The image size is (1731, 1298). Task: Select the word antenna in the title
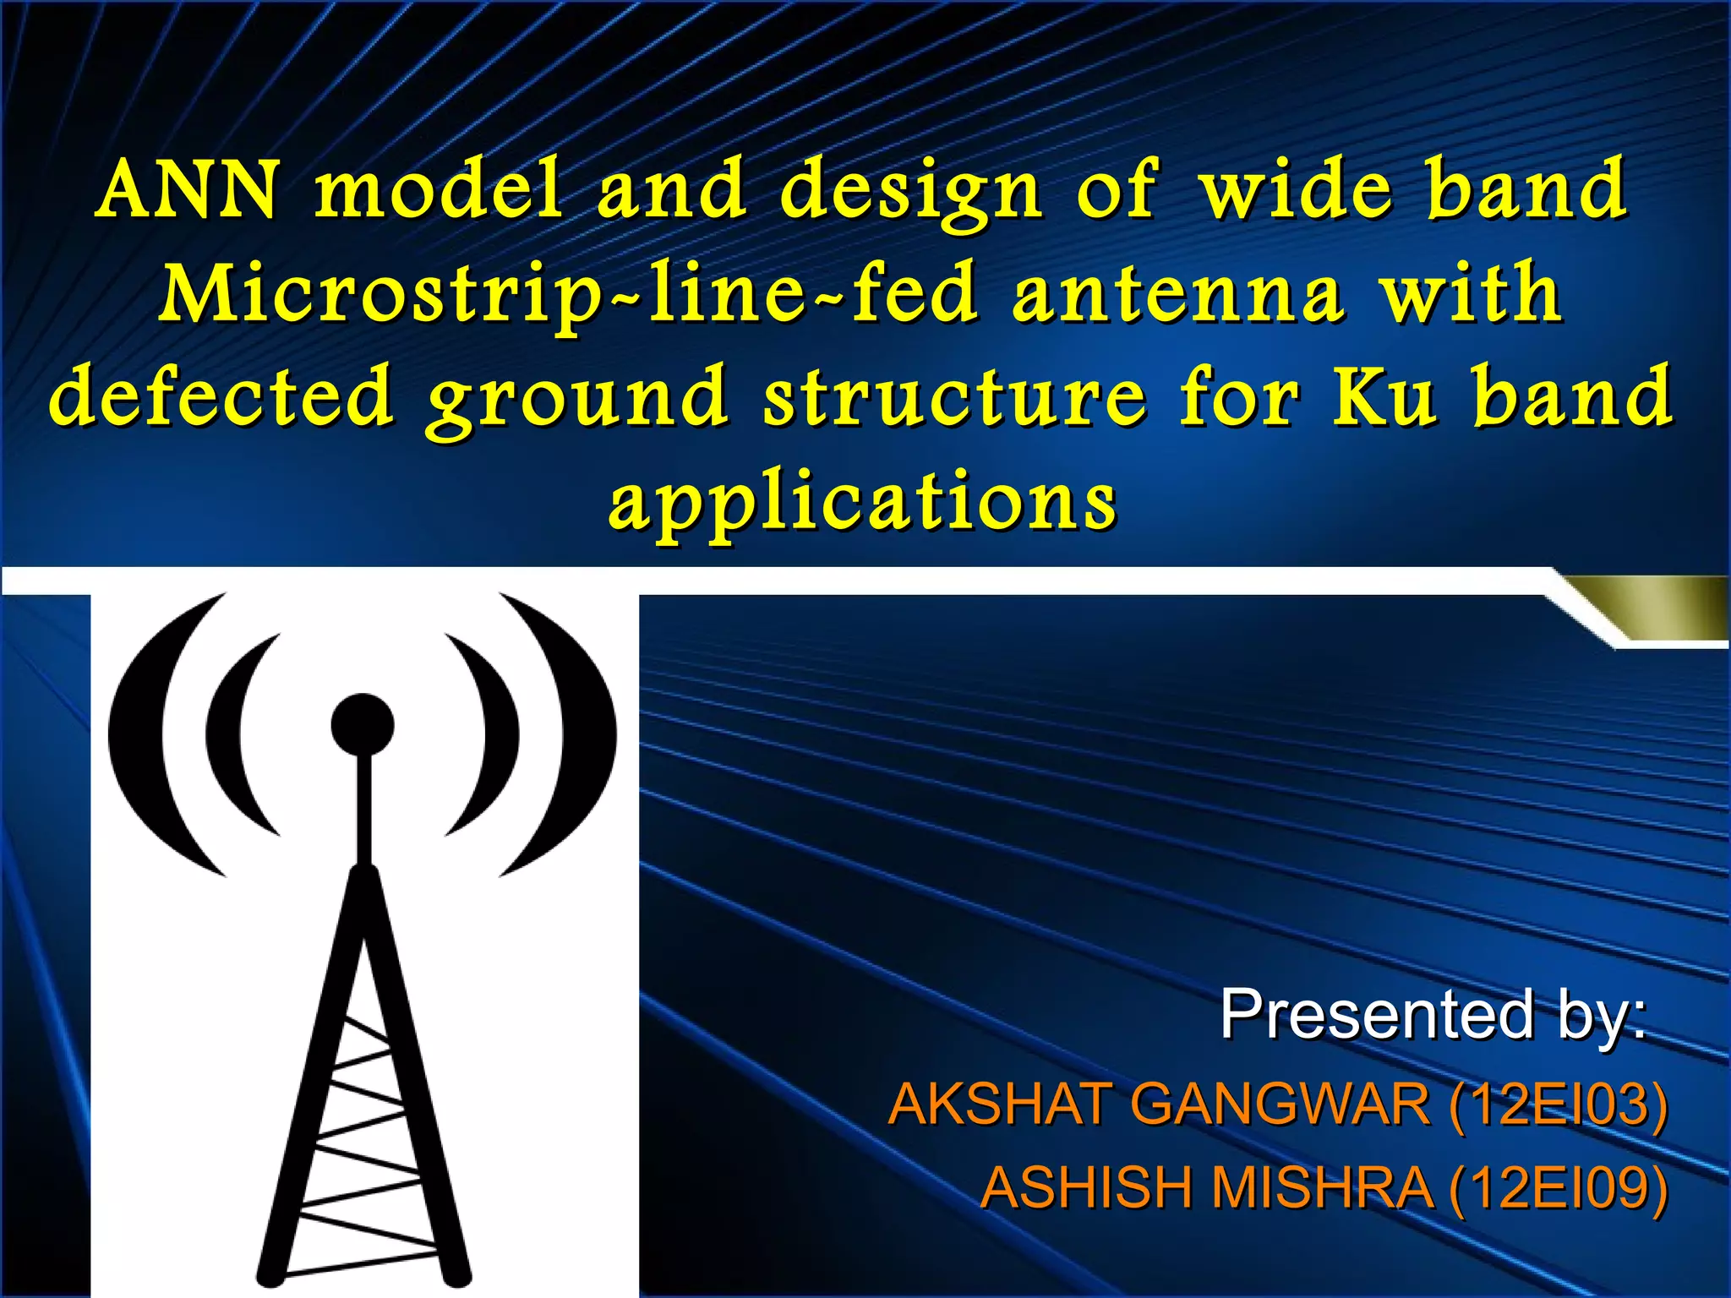[1177, 293]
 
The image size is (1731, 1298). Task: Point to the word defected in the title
[221, 395]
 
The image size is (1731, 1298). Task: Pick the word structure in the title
[955, 395]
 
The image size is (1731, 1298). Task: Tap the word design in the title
[910, 191]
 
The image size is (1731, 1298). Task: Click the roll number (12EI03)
[1559, 1104]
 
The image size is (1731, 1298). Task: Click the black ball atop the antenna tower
[363, 724]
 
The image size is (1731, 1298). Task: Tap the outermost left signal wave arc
[139, 735]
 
